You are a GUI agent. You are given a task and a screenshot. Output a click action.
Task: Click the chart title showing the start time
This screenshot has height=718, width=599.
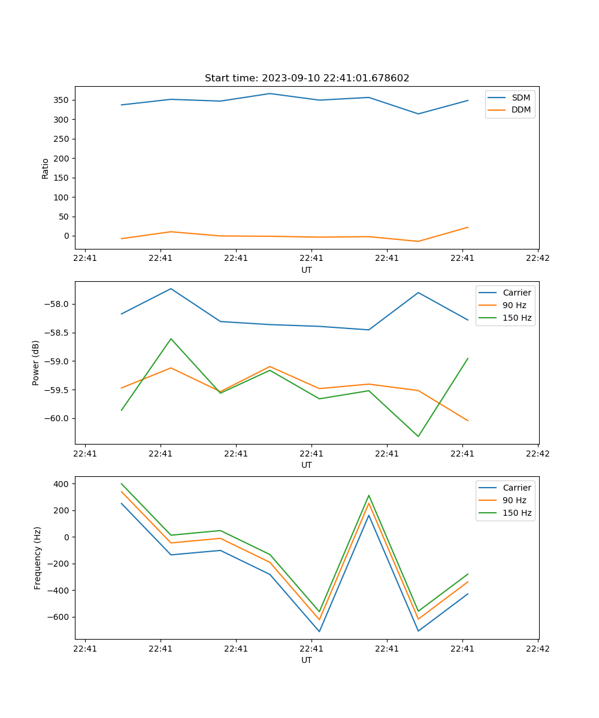[x=307, y=78]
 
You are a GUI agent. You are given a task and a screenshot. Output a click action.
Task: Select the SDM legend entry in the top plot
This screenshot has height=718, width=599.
[x=521, y=98]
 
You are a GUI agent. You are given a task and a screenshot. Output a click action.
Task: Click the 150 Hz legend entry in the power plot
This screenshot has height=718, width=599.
[x=517, y=318]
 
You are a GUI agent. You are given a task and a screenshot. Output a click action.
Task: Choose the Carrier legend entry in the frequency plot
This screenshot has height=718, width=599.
[x=516, y=488]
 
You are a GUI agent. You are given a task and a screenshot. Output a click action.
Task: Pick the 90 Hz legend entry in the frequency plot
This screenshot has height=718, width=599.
[x=515, y=500]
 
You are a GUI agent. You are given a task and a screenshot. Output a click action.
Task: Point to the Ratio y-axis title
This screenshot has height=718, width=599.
[x=46, y=168]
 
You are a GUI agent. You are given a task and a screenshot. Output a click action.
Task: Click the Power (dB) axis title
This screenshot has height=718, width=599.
[x=36, y=363]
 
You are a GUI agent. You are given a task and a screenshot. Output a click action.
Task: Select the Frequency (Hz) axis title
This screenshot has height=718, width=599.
[x=37, y=558]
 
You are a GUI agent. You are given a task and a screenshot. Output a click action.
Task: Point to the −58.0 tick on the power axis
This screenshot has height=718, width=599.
[x=58, y=304]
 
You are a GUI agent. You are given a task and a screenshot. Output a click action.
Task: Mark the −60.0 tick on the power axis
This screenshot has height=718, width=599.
[x=58, y=419]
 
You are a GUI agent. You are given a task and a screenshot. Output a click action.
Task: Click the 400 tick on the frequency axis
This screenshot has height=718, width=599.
[x=63, y=483]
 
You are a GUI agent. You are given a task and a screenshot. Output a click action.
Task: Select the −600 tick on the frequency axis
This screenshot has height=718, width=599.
[x=60, y=617]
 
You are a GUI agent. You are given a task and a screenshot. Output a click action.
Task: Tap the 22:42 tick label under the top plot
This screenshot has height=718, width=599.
[x=537, y=258]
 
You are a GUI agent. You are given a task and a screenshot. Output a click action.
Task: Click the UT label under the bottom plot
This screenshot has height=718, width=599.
[x=307, y=660]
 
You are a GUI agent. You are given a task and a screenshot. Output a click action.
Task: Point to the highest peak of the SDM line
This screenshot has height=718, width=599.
[x=270, y=93]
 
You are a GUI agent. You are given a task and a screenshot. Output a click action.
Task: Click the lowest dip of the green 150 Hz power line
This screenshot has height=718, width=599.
[x=418, y=436]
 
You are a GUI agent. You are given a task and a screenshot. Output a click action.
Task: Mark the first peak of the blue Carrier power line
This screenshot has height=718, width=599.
[x=171, y=288]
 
